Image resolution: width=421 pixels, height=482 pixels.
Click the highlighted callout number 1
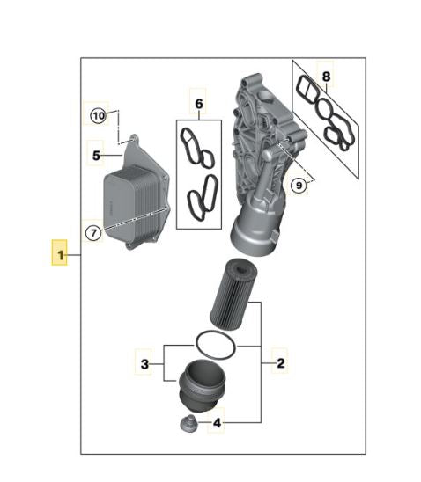[60, 255]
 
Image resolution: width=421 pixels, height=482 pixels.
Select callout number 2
[280, 361]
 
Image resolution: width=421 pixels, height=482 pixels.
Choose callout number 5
[97, 156]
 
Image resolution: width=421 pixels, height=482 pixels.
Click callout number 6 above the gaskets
[198, 104]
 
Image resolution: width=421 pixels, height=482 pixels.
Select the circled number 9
[299, 185]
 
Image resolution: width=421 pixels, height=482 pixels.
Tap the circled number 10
[97, 115]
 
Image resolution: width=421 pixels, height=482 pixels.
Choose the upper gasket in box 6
[196, 148]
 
